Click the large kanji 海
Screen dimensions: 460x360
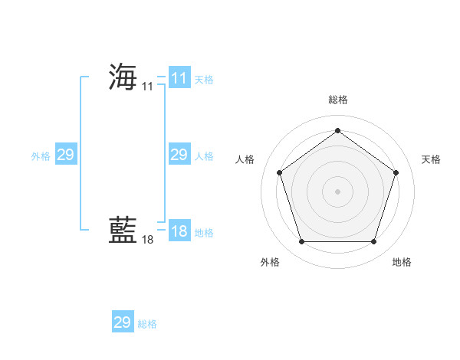[x=123, y=77]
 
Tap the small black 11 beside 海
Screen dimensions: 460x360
[x=148, y=87]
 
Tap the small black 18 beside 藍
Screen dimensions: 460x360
[x=148, y=240]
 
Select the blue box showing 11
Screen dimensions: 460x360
[x=179, y=78]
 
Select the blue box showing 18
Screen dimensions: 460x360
[x=179, y=231]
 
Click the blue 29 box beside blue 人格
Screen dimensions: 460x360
[x=179, y=155]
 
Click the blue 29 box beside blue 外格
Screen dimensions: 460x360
[x=65, y=155]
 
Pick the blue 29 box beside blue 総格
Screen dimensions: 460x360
[x=123, y=322]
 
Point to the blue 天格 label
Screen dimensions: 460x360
[x=204, y=80]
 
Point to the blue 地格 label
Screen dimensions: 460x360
[x=204, y=233]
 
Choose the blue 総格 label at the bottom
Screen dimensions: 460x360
[x=147, y=324]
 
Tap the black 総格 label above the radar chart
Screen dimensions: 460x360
[x=337, y=100]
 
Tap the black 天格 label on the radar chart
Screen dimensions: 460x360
[x=432, y=159]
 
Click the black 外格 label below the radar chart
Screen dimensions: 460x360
[x=270, y=262]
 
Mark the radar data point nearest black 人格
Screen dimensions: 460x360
[x=279, y=172]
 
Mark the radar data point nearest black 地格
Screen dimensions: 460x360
[x=373, y=242]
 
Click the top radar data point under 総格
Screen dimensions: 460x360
[x=337, y=130]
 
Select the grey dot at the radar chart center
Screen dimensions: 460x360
[x=337, y=191]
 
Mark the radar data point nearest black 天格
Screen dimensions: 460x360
[x=396, y=172]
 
